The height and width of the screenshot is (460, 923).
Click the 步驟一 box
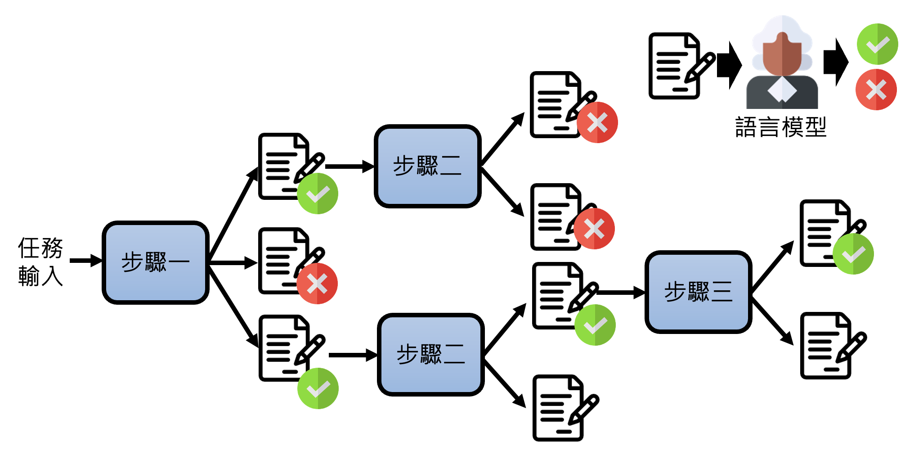click(156, 262)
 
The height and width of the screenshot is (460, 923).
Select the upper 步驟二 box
click(427, 166)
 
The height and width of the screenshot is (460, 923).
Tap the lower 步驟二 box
click(430, 355)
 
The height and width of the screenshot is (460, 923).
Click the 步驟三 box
click(698, 292)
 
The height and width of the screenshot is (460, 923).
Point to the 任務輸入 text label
click(40, 262)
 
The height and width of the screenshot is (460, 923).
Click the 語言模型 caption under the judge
click(781, 127)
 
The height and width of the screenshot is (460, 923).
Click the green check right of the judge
click(877, 44)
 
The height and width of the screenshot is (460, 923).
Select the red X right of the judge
click(876, 90)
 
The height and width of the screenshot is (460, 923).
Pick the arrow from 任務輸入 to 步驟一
click(85, 261)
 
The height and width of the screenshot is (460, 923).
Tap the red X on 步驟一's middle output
click(317, 284)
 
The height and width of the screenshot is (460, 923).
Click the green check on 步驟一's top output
click(318, 194)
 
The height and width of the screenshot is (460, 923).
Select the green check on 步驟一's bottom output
click(318, 388)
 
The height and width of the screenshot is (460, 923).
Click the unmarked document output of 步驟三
click(828, 346)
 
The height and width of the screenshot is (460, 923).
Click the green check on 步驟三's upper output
click(853, 254)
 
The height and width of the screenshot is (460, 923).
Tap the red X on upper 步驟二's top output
click(597, 122)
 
